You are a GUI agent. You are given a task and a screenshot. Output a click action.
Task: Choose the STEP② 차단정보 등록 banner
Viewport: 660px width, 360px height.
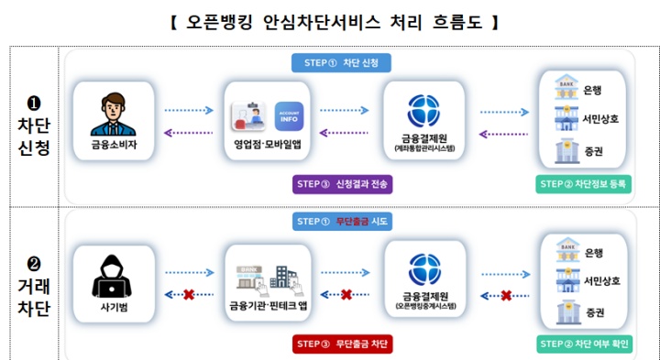[x=583, y=184]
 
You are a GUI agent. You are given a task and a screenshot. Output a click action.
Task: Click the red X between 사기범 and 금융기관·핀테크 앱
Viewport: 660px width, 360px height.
[x=188, y=294]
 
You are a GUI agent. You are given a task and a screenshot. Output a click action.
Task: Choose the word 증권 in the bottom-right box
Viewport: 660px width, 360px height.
[x=595, y=311]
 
